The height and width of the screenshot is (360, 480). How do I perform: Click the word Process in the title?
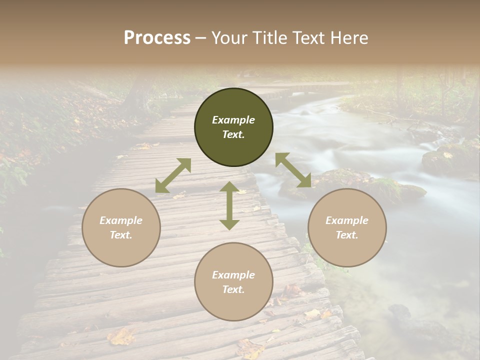pyautogui.click(x=157, y=38)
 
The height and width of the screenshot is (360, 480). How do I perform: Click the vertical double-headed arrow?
pyautogui.click(x=229, y=205)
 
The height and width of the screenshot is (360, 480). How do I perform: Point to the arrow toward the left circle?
pyautogui.click(x=173, y=175)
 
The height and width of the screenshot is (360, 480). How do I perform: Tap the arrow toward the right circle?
pyautogui.click(x=293, y=170)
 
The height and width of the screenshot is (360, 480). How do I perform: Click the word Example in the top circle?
pyautogui.click(x=233, y=120)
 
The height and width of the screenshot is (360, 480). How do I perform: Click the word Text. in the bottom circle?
pyautogui.click(x=233, y=289)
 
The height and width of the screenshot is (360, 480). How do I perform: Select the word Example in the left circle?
pyautogui.click(x=121, y=220)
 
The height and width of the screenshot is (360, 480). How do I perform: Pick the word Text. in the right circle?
pyautogui.click(x=347, y=235)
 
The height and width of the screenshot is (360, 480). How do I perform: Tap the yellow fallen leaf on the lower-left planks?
pyautogui.click(x=121, y=337)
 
